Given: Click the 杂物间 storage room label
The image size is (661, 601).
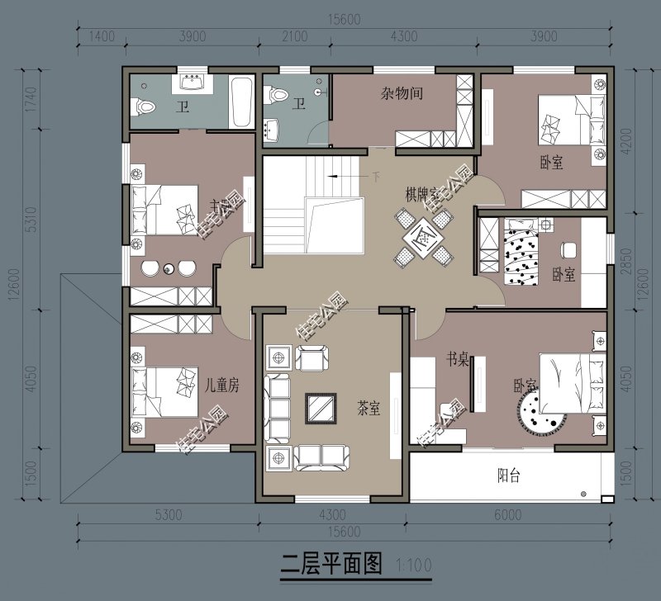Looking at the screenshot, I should pos(402,94).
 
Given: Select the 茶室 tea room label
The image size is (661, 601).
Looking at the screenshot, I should pos(368,408).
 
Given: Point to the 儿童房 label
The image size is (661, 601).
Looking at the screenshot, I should pos(221,385).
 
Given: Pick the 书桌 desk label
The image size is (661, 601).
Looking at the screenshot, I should pos(459,359).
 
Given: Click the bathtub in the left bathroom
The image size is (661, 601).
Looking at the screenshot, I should pos(241,103).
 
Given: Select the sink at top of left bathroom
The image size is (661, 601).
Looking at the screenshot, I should pos(193,83).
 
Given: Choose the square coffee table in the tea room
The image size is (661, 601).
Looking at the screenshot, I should pos(321,407).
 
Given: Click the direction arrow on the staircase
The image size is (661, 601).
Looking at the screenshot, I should pos(333,177).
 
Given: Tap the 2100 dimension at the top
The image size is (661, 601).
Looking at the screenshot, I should pos(295,35).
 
